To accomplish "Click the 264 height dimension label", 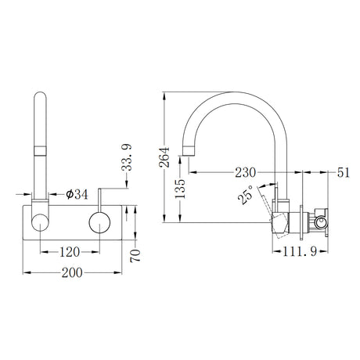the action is pos(164,157).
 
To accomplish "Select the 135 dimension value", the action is pos(180,189).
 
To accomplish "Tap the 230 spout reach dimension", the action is pos(246,172).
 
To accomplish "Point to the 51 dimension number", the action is pos(343,172).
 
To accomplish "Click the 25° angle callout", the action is pos(246,195).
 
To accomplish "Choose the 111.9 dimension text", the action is pos(300,252).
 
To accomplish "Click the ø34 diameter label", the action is pos(77,194).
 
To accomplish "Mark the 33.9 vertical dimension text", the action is pos(127,157).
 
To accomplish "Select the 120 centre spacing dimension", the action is pos(70,252).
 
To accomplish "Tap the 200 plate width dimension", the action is pos(72,273).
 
